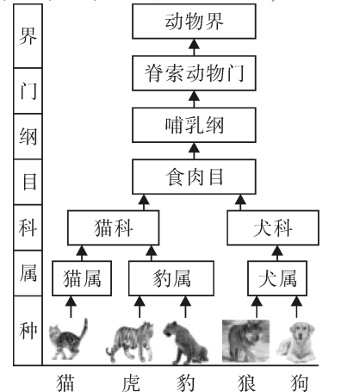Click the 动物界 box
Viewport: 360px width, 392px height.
tap(194, 22)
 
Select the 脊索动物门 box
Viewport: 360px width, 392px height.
tap(194, 73)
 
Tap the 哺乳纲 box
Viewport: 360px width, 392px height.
tap(194, 125)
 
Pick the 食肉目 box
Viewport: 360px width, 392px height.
tap(194, 177)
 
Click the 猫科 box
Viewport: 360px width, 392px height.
tap(114, 227)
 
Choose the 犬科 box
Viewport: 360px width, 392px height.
tap(273, 227)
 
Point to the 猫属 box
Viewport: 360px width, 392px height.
tap(82, 278)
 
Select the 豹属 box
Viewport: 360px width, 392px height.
tap(171, 278)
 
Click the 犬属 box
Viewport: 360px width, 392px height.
tap(277, 278)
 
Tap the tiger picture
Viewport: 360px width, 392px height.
tap(130, 342)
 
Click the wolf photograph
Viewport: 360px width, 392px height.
tap(246, 341)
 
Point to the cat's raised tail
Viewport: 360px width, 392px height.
tap(84, 329)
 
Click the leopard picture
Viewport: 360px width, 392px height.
tap(185, 342)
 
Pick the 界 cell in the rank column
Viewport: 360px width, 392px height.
tap(28, 36)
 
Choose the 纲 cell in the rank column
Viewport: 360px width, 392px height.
tap(28, 136)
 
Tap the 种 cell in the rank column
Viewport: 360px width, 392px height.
tap(28, 331)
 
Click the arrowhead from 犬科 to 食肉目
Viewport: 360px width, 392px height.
tap(240, 200)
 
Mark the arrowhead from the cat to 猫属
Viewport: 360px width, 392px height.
tap(71, 301)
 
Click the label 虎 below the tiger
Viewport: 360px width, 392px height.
tap(131, 383)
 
